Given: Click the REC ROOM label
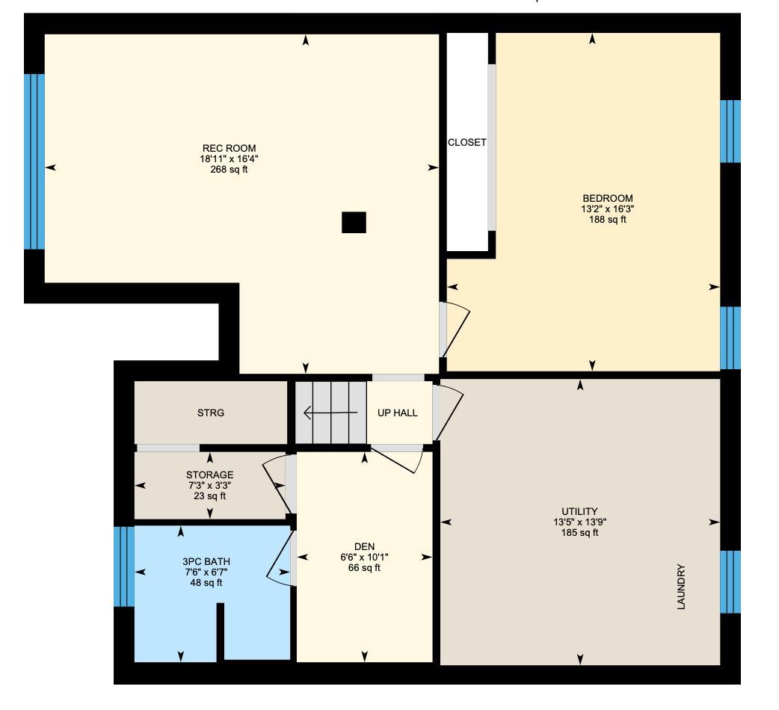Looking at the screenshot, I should [229, 148].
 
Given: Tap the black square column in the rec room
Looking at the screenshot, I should [354, 222].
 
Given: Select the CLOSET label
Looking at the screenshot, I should [467, 143].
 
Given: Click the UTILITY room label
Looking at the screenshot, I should [579, 512].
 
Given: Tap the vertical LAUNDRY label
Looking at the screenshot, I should [681, 587].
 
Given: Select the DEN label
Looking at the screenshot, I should [364, 546].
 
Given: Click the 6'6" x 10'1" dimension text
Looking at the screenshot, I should [364, 557].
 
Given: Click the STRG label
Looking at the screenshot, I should [210, 413].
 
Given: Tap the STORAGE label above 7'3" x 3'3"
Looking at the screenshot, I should [209, 475].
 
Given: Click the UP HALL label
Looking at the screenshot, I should [397, 413].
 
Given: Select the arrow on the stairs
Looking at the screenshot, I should [330, 413].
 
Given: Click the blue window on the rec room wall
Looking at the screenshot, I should [34, 161].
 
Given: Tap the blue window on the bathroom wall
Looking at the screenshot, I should [124, 566].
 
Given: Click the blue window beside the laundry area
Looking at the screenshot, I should [730, 581].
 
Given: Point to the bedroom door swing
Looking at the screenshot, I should [456, 329].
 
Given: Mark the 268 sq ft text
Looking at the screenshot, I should [229, 170].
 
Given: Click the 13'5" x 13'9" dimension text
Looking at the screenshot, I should [579, 522].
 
